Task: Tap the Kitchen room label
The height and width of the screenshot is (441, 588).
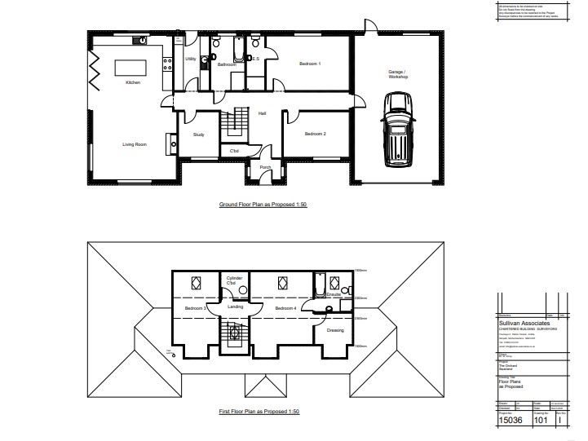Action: click(x=133, y=83)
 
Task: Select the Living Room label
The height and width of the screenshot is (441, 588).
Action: click(x=135, y=144)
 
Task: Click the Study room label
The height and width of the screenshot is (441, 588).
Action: click(x=198, y=135)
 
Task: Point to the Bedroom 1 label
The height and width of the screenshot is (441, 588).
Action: click(x=309, y=64)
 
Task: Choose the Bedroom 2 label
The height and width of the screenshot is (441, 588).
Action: click(x=315, y=134)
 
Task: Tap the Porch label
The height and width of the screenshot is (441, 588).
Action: click(x=265, y=167)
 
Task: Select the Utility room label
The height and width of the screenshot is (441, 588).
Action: click(x=190, y=59)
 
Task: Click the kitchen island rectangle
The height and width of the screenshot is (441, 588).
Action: click(x=128, y=66)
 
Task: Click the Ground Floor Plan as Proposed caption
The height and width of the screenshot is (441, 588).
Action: click(x=262, y=205)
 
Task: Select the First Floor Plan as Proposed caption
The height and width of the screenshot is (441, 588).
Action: click(x=260, y=412)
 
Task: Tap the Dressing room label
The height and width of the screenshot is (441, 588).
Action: click(x=335, y=330)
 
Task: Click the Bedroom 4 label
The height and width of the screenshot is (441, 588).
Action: click(x=285, y=309)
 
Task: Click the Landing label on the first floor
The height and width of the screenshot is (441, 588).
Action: click(x=236, y=306)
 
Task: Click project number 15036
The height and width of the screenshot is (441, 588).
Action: click(x=512, y=422)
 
